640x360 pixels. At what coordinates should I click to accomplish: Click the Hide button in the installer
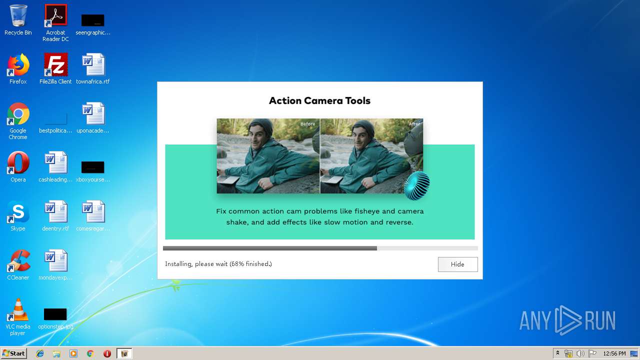(457, 264)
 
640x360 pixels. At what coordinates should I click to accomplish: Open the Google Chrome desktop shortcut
(18, 114)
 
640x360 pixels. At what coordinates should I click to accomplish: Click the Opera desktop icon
(18, 163)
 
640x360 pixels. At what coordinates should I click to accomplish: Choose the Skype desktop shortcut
(18, 212)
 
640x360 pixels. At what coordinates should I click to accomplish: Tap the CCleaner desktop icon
(18, 261)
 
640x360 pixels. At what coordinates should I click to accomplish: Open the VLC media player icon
(18, 310)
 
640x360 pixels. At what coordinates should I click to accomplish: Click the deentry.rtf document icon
(55, 212)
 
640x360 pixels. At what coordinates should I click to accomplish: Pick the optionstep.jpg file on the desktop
(55, 314)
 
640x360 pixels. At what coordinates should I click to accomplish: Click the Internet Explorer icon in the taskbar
(40, 353)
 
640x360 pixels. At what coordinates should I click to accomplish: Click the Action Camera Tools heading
(319, 100)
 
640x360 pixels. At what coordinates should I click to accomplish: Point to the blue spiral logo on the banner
(416, 185)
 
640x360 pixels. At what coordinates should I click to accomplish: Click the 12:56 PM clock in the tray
(614, 353)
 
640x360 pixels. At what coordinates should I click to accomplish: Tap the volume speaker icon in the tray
(580, 353)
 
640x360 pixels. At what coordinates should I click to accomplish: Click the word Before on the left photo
(307, 124)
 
